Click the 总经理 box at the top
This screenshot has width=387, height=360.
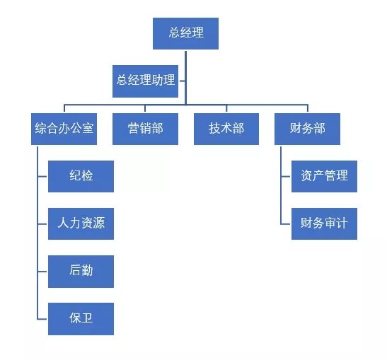pyautogui.click(x=185, y=33)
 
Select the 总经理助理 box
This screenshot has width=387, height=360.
pyautogui.click(x=145, y=81)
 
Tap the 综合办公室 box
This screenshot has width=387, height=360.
pyautogui.click(x=64, y=129)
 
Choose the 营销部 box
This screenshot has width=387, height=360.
pyautogui.click(x=145, y=129)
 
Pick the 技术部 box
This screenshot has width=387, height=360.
pyautogui.click(x=226, y=129)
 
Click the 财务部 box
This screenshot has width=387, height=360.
pyautogui.click(x=307, y=129)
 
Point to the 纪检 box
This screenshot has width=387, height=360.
pyautogui.click(x=81, y=176)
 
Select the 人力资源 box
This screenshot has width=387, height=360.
pyautogui.click(x=81, y=223)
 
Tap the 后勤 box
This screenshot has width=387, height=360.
pyautogui.click(x=81, y=272)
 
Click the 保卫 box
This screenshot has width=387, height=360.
pyautogui.click(x=81, y=319)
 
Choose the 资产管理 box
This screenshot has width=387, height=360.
pyautogui.click(x=324, y=176)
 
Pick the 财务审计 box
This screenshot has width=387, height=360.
pyautogui.click(x=324, y=223)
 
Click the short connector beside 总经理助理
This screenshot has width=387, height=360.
pyautogui.click(x=183, y=81)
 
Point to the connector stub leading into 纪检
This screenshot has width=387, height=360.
pyautogui.click(x=42, y=176)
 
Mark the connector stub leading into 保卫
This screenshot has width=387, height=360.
pyautogui.click(x=42, y=319)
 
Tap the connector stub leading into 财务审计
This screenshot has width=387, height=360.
pyautogui.click(x=286, y=224)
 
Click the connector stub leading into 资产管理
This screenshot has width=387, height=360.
pyautogui.click(x=286, y=176)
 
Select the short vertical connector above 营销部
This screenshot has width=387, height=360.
pyautogui.click(x=145, y=108)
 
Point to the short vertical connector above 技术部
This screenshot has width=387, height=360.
pyautogui.click(x=226, y=108)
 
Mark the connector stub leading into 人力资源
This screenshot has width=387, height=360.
pyautogui.click(x=42, y=224)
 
